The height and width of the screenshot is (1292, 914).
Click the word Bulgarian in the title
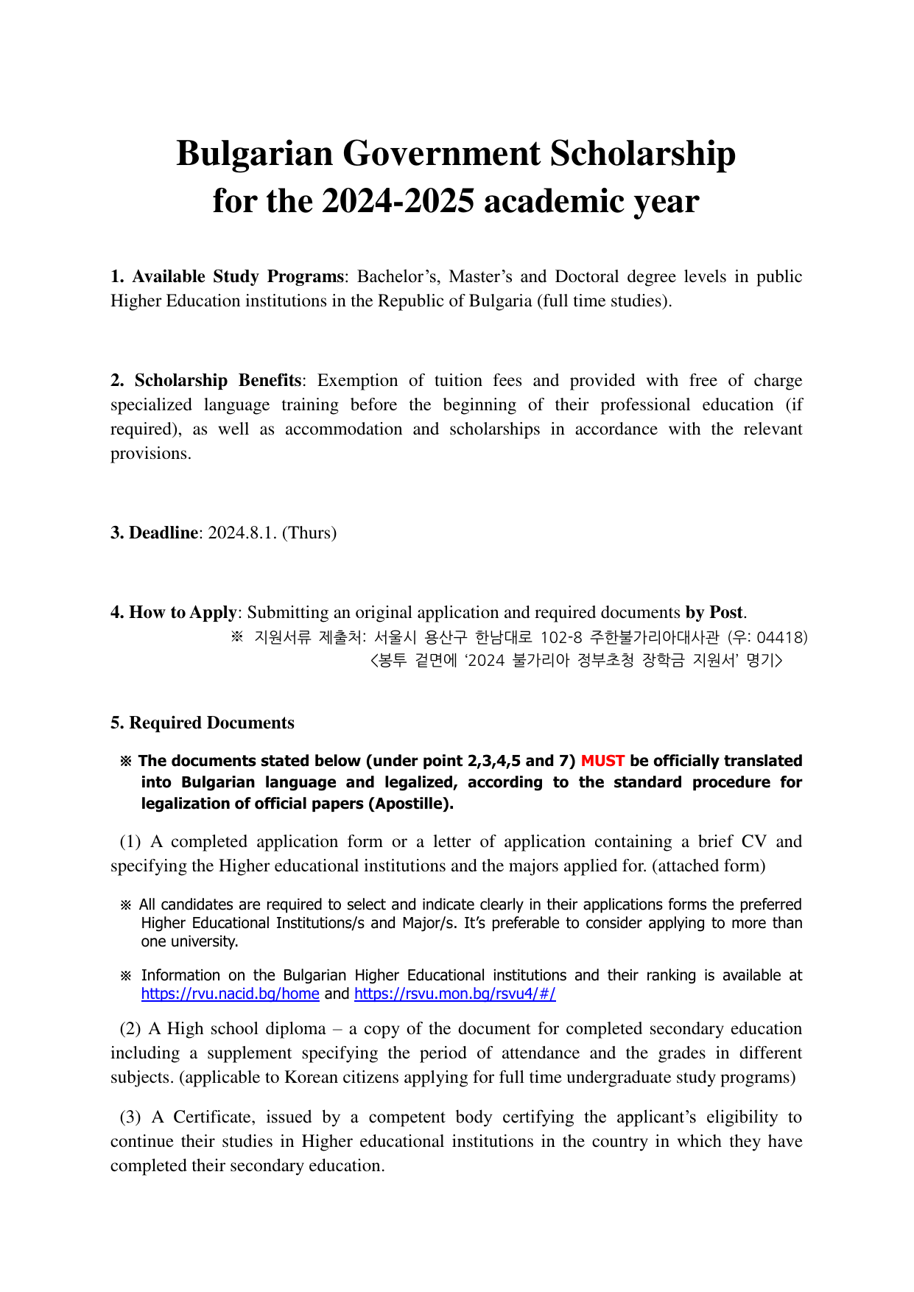(x=255, y=155)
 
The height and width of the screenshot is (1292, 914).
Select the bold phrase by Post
(x=714, y=613)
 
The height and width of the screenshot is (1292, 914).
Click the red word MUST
(x=602, y=761)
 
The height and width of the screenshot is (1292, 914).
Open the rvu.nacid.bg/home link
(x=230, y=994)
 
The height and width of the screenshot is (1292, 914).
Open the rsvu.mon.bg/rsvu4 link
(x=454, y=994)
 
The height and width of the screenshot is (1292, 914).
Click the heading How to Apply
(x=174, y=613)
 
